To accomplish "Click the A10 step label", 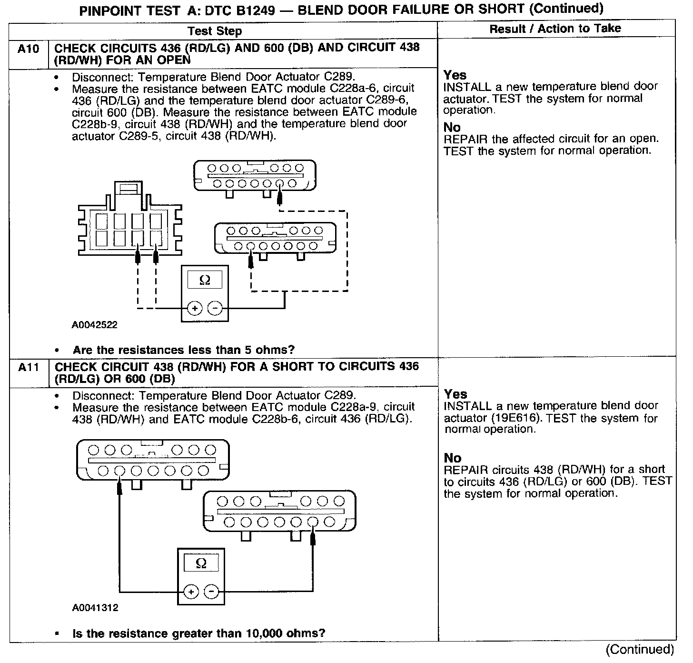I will click(x=28, y=49).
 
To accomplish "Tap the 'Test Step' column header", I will click(x=215, y=31).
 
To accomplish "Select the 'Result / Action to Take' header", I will click(x=555, y=29).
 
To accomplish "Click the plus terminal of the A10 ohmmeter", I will click(x=194, y=309).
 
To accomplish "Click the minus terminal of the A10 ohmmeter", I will click(x=215, y=309).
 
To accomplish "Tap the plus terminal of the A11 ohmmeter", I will click(x=191, y=592).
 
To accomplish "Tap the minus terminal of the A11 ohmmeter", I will click(x=211, y=592).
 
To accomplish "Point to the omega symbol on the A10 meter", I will click(x=205, y=280).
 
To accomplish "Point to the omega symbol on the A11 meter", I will click(x=201, y=564).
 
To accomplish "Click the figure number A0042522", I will click(x=95, y=325).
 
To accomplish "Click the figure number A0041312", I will click(x=95, y=608).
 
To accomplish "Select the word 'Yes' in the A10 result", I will click(x=455, y=75).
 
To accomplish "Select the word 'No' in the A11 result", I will click(x=453, y=458).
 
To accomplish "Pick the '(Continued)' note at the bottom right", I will click(x=639, y=650).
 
